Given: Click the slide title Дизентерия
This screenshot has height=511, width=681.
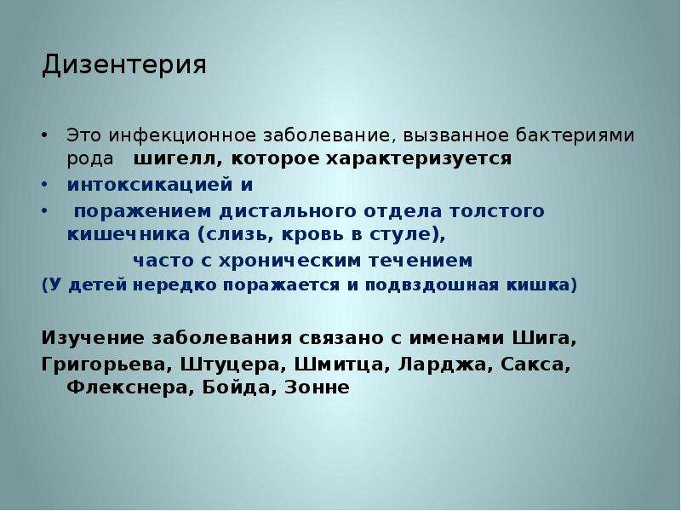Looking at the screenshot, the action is point(124,66).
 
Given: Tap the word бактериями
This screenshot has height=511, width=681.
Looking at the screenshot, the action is point(575,135).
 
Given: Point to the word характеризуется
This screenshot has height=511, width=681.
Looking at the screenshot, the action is point(419,158).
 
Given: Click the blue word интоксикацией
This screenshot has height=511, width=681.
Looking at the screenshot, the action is point(150,185).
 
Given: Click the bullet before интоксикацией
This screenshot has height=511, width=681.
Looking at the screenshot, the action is point(44,185).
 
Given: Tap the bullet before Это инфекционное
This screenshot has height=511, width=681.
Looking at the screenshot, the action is point(44,135).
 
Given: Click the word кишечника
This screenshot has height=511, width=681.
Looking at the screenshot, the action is point(129,235).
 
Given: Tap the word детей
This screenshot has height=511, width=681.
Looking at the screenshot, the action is point(98,285).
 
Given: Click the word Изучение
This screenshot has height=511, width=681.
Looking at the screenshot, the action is point(93,338).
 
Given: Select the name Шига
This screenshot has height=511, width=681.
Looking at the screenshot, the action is point(545,338).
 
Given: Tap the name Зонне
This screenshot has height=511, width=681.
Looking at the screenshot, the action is point(317,388).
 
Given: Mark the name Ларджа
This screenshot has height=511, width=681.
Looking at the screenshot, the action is point(445,365).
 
